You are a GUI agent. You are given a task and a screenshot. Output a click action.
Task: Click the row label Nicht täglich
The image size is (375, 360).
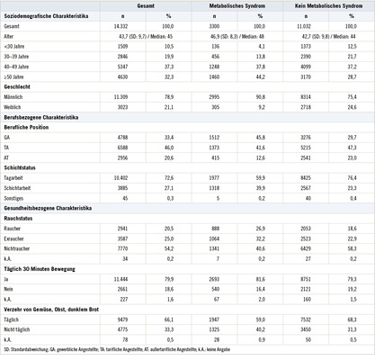point(20,329)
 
